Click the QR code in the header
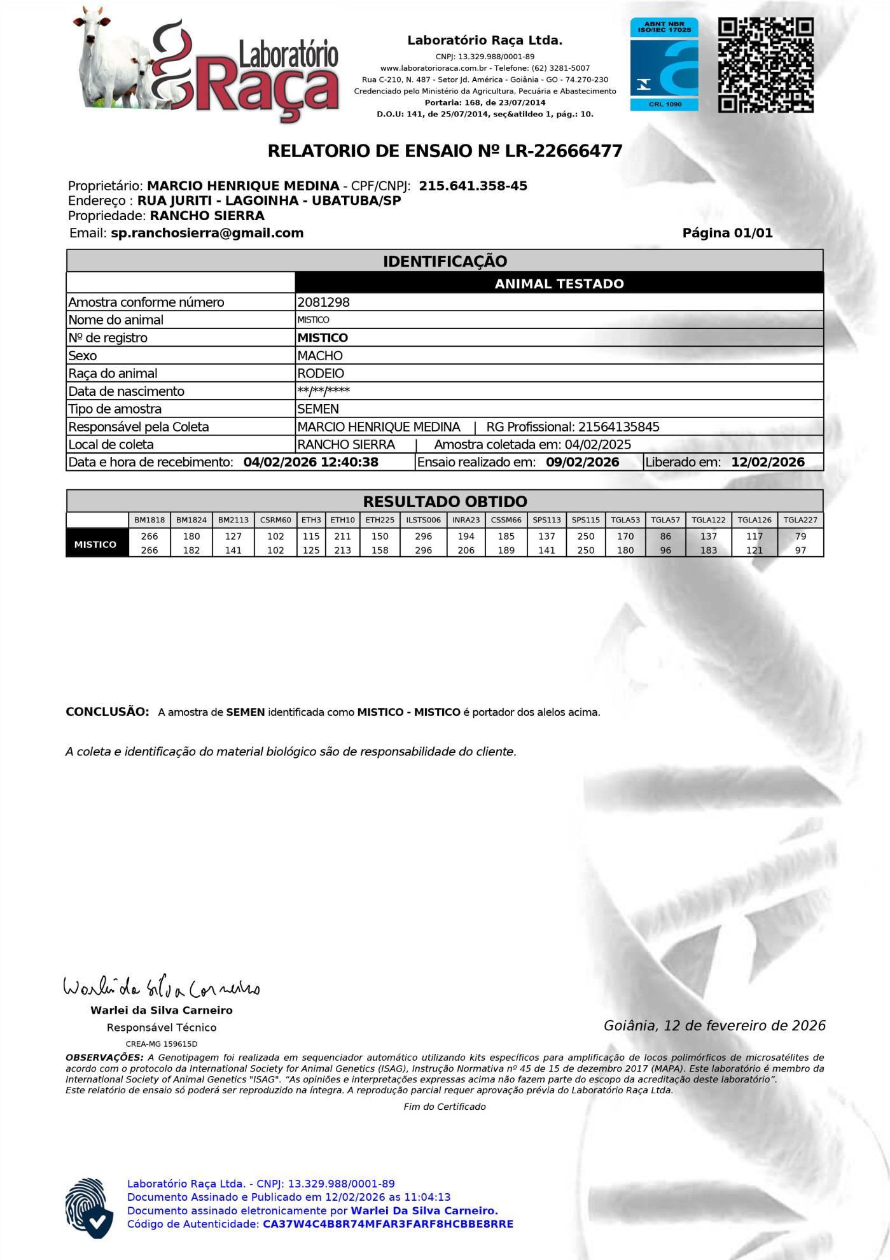coord(765,65)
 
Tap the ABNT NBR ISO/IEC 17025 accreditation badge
coord(664,64)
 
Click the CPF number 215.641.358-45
coord(473,186)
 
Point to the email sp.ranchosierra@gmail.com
coord(207,233)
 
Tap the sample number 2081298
coord(324,302)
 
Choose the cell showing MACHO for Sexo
coord(320,356)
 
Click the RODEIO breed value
coord(321,374)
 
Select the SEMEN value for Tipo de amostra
coord(318,409)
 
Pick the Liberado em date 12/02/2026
coord(767,463)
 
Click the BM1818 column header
coord(149,520)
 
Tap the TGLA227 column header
coord(800,520)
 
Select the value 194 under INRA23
coord(466,536)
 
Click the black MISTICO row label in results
coord(95,544)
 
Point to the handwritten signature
coord(162,987)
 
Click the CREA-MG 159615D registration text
coord(162,1044)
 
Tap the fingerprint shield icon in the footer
coord(89,1207)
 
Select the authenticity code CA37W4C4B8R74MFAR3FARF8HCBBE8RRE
coord(387,1224)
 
